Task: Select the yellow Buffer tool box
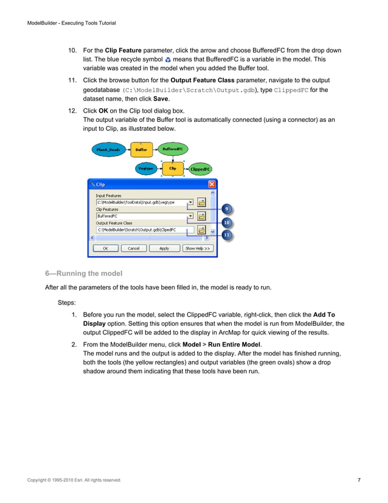pyautogui.click(x=142, y=149)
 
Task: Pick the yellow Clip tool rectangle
pyautogui.click(x=173, y=168)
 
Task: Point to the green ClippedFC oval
pyautogui.click(x=200, y=169)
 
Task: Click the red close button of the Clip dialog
pyautogui.click(x=212, y=184)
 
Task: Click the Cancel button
pyautogui.click(x=133, y=248)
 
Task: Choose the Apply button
pyautogui.click(x=164, y=248)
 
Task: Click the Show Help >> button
pyautogui.click(x=198, y=248)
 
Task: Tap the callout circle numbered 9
pyautogui.click(x=226, y=209)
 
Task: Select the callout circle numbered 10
pyautogui.click(x=226, y=222)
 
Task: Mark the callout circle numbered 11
pyautogui.click(x=226, y=234)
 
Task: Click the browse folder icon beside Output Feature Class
pyautogui.click(x=202, y=230)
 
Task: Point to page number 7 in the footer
pyautogui.click(x=359, y=480)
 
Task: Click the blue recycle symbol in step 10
pyautogui.click(x=168, y=60)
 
